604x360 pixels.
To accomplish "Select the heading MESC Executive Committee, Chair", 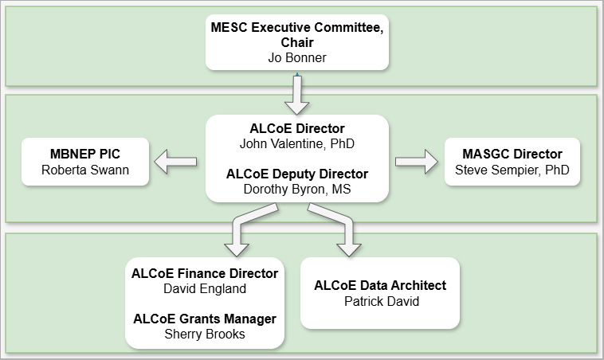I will pos(297,34).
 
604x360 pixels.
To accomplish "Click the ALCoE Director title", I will pos(297,127).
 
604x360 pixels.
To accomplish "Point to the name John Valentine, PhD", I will pos(297,144).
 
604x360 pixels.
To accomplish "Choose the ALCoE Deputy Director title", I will pos(297,174).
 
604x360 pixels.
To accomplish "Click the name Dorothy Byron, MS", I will pos(297,190).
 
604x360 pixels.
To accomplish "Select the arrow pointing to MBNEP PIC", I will pos(175,162).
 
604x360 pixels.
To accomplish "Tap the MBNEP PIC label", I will pos(85,153).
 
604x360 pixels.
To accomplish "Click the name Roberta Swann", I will pos(85,169).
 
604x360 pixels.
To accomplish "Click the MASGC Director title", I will pos(512,154).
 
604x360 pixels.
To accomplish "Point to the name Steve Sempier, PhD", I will pos(512,170).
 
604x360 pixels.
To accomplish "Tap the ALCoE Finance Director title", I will pos(205,273).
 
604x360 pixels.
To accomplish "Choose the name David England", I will pos(205,288).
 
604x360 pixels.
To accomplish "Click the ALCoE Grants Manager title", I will pos(205,319).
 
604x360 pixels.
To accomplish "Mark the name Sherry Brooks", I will pos(205,335).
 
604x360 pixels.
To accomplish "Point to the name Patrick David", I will pos(380,301).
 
